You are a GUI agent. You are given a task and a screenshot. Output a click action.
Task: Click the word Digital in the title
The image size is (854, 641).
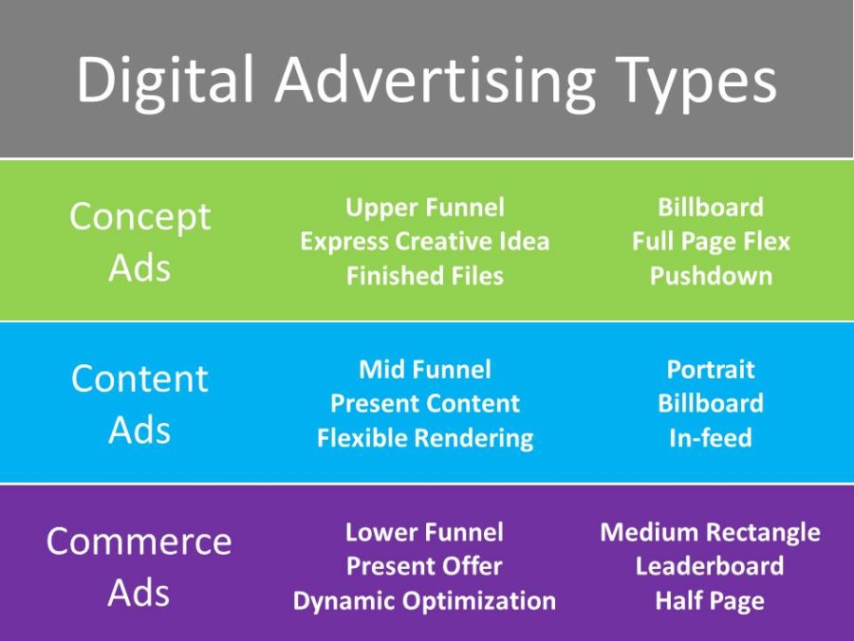(164, 80)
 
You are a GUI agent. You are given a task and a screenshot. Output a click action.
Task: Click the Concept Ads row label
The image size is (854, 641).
(139, 242)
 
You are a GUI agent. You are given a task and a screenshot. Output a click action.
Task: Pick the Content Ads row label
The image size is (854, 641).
(139, 404)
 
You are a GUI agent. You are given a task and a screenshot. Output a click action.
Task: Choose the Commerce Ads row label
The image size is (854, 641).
(139, 567)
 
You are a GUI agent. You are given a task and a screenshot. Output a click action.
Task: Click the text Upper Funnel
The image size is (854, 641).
(424, 208)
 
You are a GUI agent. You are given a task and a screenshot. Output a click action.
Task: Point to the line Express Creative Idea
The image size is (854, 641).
(424, 242)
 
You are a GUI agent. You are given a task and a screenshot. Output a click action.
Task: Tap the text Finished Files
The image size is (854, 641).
(424, 276)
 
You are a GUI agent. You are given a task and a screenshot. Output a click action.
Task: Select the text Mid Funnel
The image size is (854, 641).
(424, 369)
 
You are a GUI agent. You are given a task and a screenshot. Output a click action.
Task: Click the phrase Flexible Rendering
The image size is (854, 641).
(424, 438)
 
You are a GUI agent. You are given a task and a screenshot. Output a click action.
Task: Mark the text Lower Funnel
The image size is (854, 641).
(424, 532)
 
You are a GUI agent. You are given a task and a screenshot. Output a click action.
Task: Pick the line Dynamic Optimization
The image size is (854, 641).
(424, 601)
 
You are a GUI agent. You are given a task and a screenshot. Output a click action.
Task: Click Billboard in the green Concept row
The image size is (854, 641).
(710, 208)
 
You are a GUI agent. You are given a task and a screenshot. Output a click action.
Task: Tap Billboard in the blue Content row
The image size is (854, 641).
(710, 403)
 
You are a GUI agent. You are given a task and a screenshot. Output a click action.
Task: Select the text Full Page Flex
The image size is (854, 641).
(710, 242)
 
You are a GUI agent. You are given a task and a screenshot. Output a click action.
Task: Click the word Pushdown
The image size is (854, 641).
(710, 276)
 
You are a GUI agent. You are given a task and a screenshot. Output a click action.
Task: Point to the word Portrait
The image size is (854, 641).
(710, 369)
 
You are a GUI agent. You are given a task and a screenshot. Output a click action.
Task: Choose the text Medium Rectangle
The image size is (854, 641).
(710, 532)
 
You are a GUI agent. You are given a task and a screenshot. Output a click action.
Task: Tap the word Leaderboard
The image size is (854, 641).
(710, 566)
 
